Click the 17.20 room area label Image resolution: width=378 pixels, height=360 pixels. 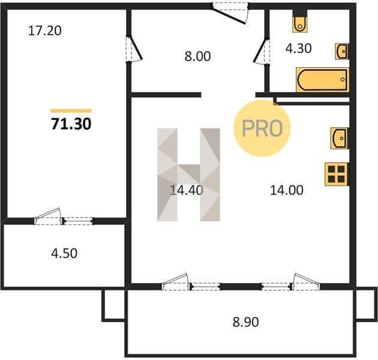(45, 31)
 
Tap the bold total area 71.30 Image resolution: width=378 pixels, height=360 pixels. (71, 124)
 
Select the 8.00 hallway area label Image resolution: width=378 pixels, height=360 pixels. (197, 56)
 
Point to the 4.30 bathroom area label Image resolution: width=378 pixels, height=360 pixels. (298, 48)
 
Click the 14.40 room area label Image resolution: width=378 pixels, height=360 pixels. (187, 190)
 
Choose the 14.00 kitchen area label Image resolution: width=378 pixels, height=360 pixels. (287, 190)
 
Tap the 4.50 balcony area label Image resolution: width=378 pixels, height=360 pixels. (64, 253)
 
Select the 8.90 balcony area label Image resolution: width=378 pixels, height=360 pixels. (245, 322)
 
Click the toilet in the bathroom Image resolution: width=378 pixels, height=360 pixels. (300, 24)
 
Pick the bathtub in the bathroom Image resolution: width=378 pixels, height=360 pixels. (322, 80)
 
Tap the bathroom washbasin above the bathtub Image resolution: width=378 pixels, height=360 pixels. (342, 52)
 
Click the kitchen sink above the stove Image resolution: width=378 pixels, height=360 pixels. (340, 138)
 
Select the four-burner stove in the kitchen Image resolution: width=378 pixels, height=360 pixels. (337, 174)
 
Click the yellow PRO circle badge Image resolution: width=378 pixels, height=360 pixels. (262, 128)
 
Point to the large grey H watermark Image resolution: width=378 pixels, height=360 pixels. (188, 175)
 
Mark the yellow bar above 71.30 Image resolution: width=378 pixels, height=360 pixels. (71, 111)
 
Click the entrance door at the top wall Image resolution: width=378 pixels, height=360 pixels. (230, 13)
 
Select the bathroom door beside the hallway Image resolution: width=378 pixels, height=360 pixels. (262, 52)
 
